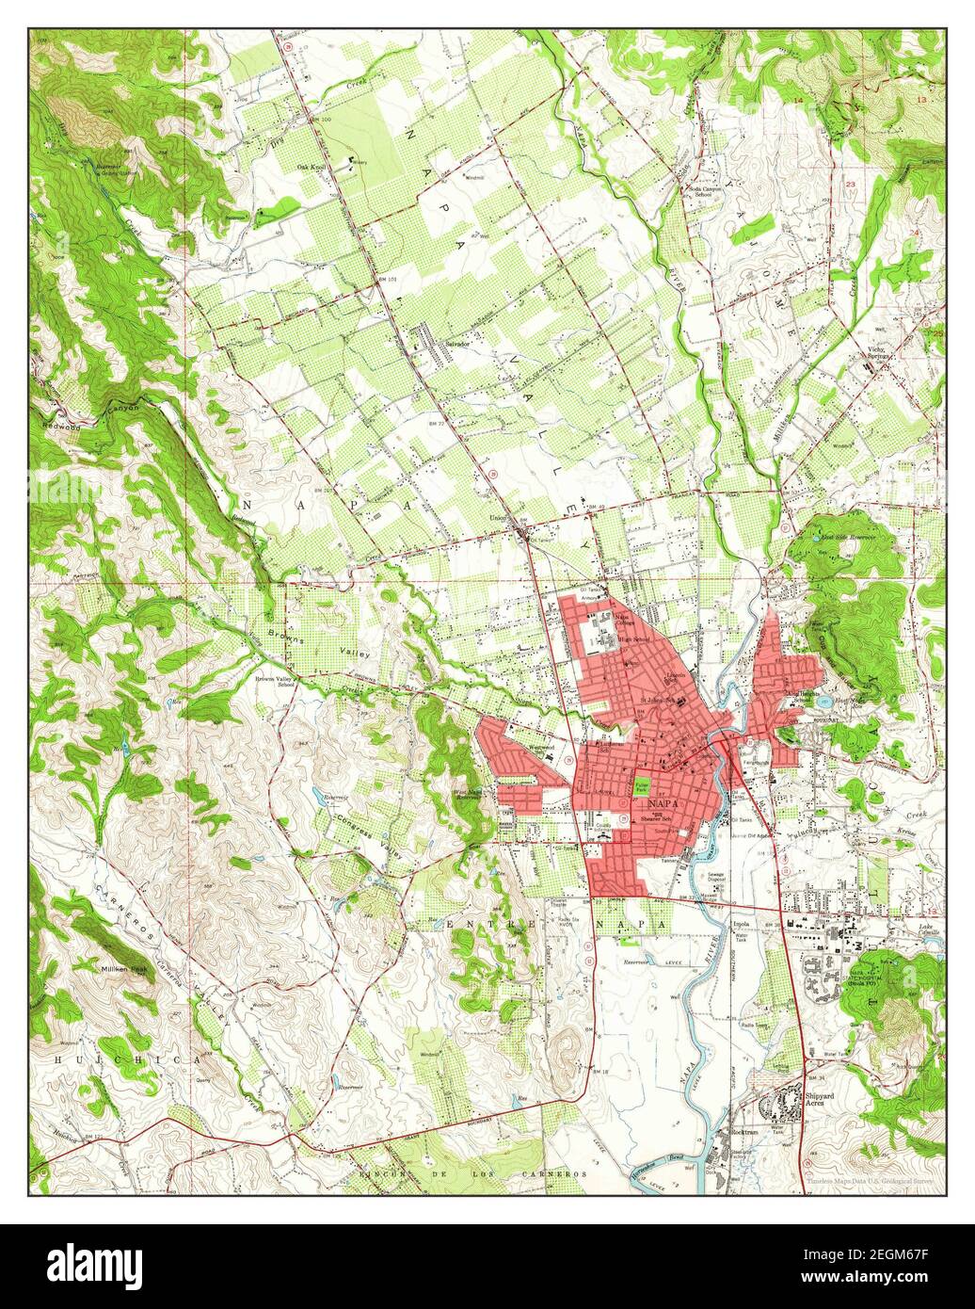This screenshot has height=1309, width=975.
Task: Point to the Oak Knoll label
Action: click(x=312, y=168)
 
